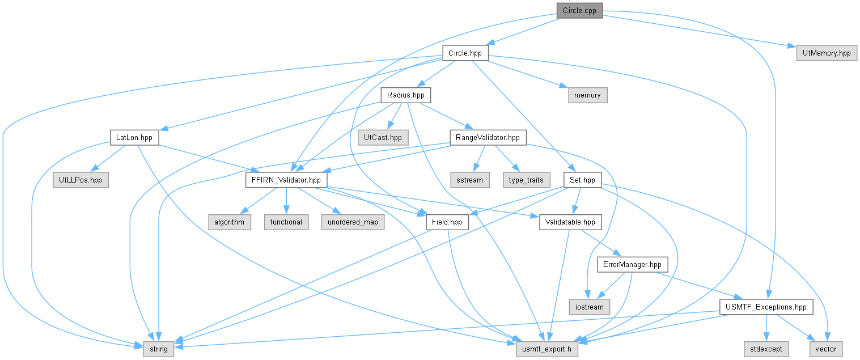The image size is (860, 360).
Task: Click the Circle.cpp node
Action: [x=579, y=11]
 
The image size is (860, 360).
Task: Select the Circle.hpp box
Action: [x=465, y=53]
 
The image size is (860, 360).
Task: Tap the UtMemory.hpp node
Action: [x=827, y=53]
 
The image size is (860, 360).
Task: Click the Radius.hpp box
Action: [x=406, y=95]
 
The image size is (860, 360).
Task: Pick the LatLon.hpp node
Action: [x=134, y=137]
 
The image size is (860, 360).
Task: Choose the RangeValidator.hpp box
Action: [x=488, y=137]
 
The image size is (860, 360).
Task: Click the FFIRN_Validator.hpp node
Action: [x=286, y=180]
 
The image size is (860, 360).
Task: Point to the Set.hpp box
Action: [x=582, y=180]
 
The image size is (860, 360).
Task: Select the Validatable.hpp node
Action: [x=570, y=222]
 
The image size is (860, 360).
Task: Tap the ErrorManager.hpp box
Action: [x=632, y=264]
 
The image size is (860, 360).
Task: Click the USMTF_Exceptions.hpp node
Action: [x=766, y=307]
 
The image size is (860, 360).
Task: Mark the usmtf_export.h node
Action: [x=546, y=349]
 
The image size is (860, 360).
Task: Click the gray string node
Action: [x=159, y=349]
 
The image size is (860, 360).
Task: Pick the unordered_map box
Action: [x=353, y=222]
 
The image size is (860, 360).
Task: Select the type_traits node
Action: [x=526, y=180]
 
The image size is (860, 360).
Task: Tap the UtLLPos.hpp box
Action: [x=81, y=180]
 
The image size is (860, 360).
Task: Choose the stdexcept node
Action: [x=766, y=349]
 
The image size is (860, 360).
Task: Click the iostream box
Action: [x=590, y=307]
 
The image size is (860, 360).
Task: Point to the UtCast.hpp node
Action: [x=383, y=137]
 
